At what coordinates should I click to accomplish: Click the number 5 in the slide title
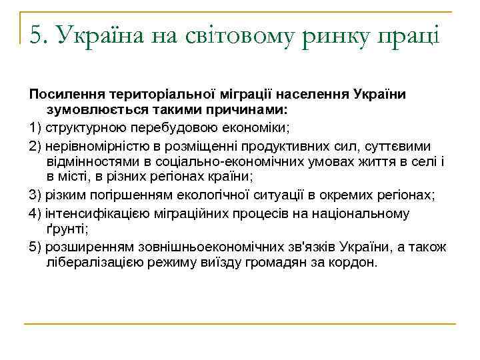(36, 33)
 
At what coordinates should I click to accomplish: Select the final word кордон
(353, 263)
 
